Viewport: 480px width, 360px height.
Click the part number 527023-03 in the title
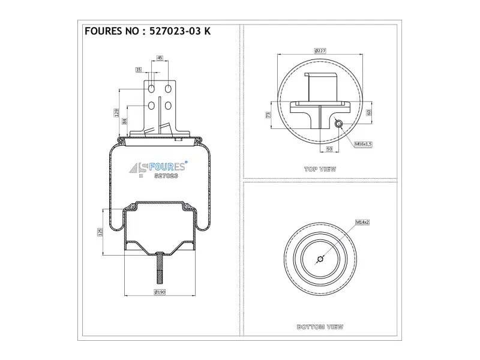[x=175, y=31]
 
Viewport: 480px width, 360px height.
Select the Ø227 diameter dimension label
[x=320, y=51]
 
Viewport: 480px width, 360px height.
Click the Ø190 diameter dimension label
[x=160, y=292]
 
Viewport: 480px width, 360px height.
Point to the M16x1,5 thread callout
[x=364, y=144]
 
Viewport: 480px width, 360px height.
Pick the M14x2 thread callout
[x=362, y=222]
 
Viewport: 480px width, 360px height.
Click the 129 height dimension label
[x=116, y=113]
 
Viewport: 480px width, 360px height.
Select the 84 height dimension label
[x=125, y=121]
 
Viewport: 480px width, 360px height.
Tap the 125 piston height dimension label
[x=100, y=232]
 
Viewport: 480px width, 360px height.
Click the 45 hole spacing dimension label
[x=160, y=58]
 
